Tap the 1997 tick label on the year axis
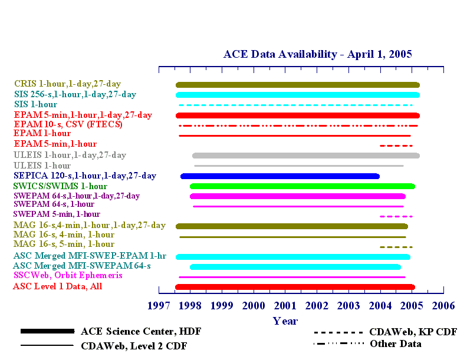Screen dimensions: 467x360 tap(159, 306)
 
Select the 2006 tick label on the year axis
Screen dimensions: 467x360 tap(443, 306)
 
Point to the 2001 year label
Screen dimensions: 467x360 tap(285, 306)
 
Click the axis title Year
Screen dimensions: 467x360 tap(285, 321)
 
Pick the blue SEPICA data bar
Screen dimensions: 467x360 tap(280, 176)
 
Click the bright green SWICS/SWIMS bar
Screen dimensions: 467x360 tap(302, 186)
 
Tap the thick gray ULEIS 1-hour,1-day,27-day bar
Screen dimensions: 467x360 tap(306, 156)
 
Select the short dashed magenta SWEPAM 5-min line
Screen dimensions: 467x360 tap(396, 216)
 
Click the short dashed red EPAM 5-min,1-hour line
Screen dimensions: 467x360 tap(396, 146)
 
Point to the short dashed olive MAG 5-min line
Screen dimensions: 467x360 tap(396, 247)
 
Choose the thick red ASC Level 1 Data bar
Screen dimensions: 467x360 tap(295, 287)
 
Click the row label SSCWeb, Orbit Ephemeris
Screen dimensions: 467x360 tap(68, 275)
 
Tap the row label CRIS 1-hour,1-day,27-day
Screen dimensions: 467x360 tap(68, 84)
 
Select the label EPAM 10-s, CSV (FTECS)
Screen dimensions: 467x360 tap(68, 124)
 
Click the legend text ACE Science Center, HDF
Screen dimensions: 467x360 tap(141, 332)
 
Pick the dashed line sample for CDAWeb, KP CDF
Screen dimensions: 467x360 tap(338, 332)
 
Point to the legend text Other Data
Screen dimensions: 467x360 tap(396, 344)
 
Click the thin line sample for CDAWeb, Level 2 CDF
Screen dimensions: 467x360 tap(47, 345)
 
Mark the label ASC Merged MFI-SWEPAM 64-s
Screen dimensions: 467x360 tap(82, 265)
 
